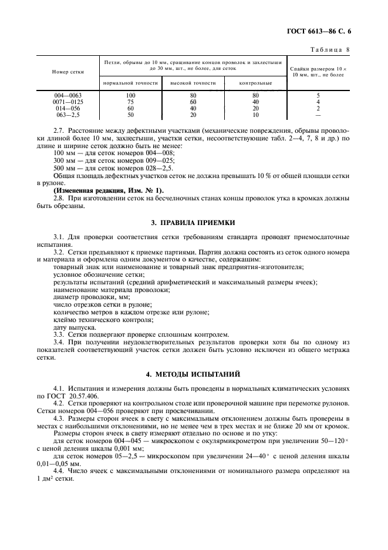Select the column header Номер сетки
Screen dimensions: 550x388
click(x=68, y=72)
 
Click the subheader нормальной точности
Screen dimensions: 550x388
click(x=130, y=83)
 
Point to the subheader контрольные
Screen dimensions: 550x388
click(x=255, y=83)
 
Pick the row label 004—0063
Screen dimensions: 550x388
click(x=68, y=95)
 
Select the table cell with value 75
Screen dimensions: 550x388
click(x=130, y=101)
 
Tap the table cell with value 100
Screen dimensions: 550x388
click(x=130, y=95)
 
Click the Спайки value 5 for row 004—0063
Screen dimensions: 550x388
click(x=318, y=95)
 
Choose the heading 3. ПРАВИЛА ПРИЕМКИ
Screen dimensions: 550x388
click(x=193, y=222)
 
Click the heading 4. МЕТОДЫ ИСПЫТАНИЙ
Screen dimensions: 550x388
click(x=193, y=373)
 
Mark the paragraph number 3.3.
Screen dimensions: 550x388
click(x=59, y=334)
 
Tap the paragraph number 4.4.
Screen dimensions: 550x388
click(x=59, y=471)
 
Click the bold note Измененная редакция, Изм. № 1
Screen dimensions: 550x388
click(x=109, y=191)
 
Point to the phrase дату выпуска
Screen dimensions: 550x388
click(x=75, y=327)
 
